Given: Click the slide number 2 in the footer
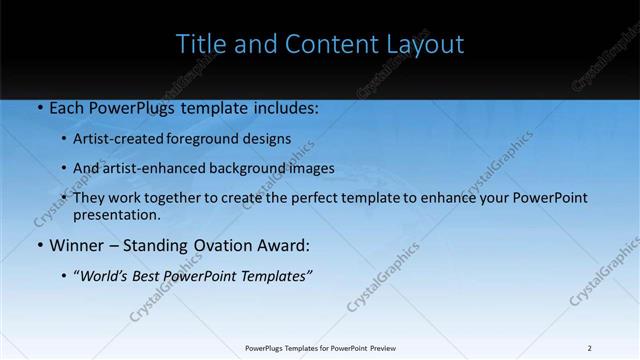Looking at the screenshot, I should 590,348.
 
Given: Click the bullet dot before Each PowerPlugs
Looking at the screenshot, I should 39,107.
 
